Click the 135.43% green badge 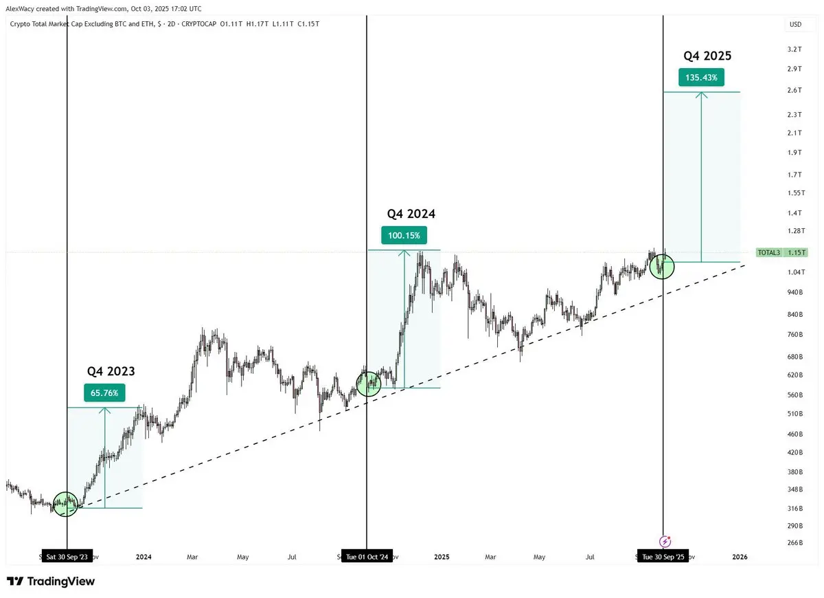pos(701,78)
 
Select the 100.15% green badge pos(404,236)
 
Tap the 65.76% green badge pos(104,393)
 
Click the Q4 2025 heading pos(707,56)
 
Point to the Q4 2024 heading pos(411,214)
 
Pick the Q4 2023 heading pos(111,371)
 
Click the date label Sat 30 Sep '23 pos(67,557)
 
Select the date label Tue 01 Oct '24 pos(367,557)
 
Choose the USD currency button pos(795,24)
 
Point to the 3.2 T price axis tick pos(795,49)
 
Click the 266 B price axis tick pos(795,542)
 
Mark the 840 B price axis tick pos(795,314)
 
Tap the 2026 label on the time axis pos(740,557)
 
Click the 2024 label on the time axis pos(144,557)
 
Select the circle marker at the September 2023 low pos(66,505)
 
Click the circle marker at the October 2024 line pos(368,384)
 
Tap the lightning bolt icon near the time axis pos(665,542)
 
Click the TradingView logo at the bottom pos(51,582)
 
